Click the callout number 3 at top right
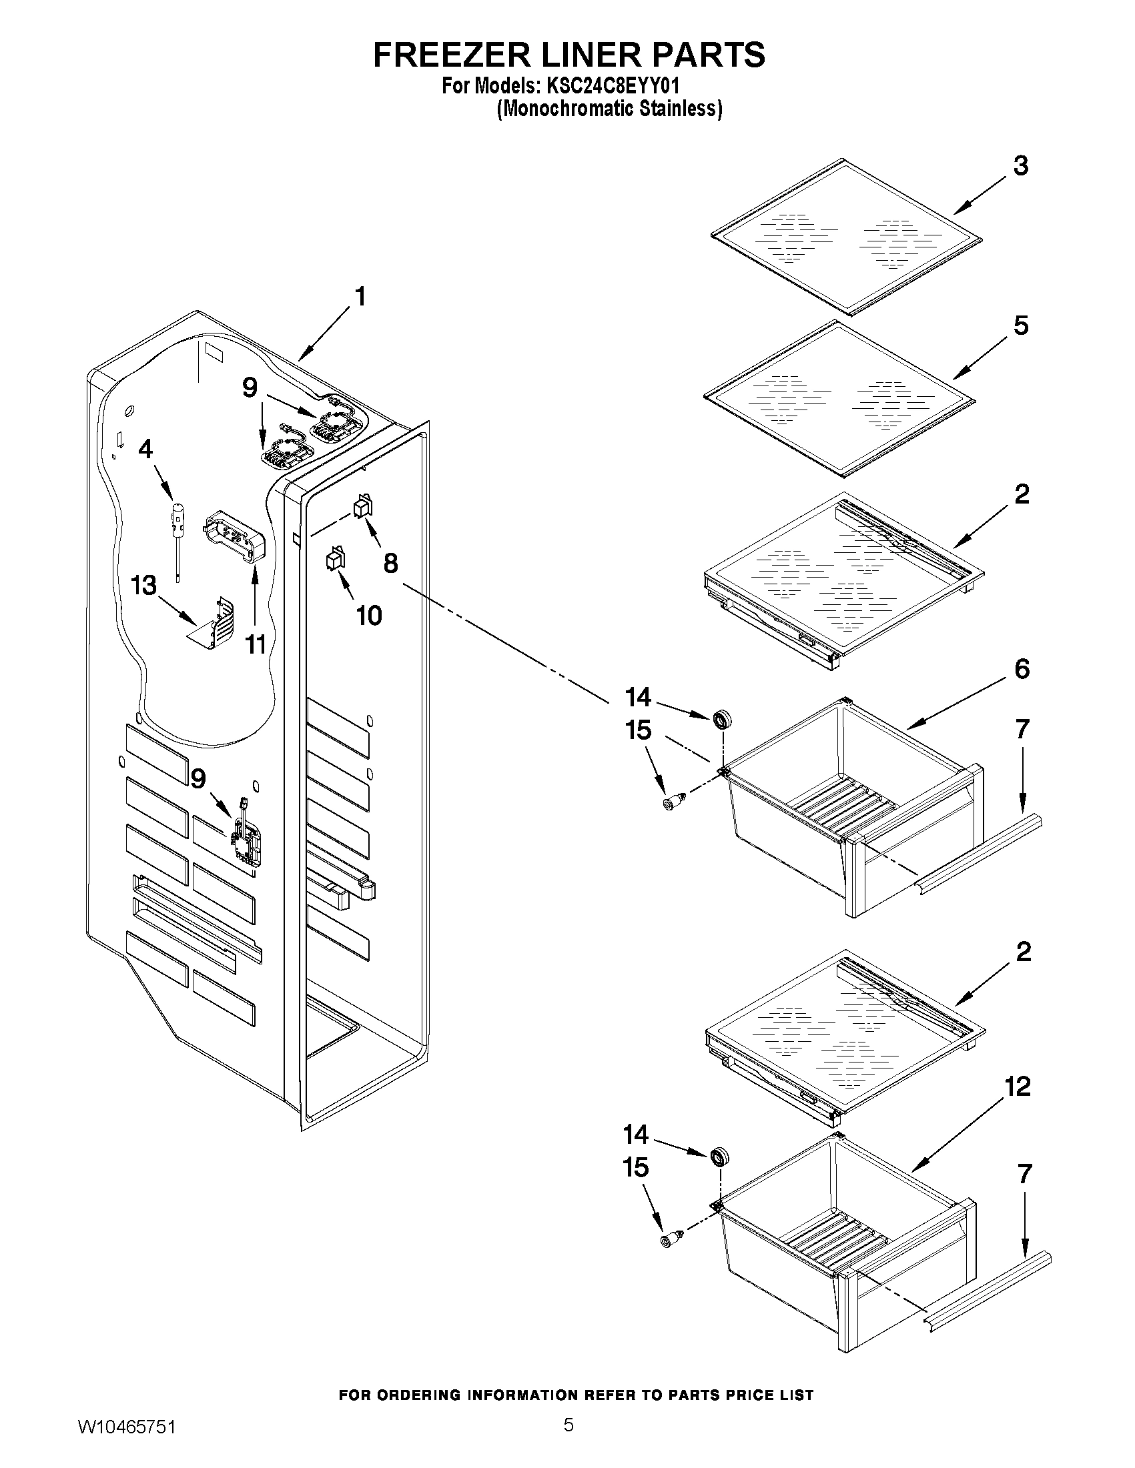click(x=1020, y=165)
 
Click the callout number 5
click(x=1020, y=326)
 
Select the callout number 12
click(x=1018, y=1087)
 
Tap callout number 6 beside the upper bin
click(x=1022, y=669)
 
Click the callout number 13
click(x=144, y=586)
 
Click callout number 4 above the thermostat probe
click(x=145, y=449)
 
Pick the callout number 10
click(x=369, y=615)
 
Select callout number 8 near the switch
click(x=390, y=562)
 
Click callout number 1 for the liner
click(x=360, y=296)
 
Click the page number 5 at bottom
click(x=569, y=1439)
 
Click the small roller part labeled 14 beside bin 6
click(x=723, y=719)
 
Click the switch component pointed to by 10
click(x=335, y=558)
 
